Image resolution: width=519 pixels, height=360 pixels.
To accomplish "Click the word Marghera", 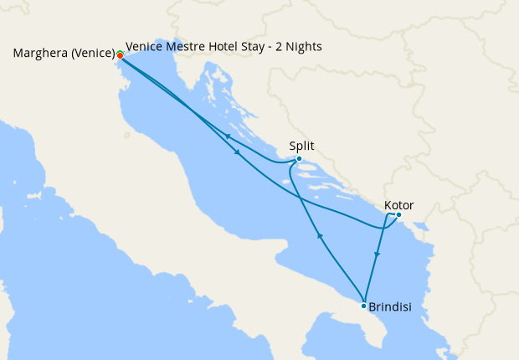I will [x=41, y=54].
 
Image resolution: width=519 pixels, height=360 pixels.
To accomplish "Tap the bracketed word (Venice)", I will [x=92, y=54].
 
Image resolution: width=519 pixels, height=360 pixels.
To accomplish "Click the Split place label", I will [x=302, y=145].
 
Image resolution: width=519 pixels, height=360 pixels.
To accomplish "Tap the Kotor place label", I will [x=398, y=205].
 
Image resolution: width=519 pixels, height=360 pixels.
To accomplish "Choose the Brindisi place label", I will [x=389, y=307].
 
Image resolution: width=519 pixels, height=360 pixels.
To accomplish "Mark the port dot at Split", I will [x=299, y=159].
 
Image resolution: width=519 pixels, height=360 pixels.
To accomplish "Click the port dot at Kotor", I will [x=398, y=215].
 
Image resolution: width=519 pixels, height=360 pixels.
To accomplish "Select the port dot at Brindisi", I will [x=363, y=306].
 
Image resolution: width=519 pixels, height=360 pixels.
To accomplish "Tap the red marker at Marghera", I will [x=121, y=56].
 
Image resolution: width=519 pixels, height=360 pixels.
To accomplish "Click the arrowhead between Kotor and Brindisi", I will [x=377, y=255].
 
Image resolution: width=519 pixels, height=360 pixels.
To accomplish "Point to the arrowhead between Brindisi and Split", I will [x=319, y=237].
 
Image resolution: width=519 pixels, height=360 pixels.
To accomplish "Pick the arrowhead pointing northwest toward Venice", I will [x=228, y=136].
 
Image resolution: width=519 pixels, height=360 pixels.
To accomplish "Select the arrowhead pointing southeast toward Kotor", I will [x=239, y=152].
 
